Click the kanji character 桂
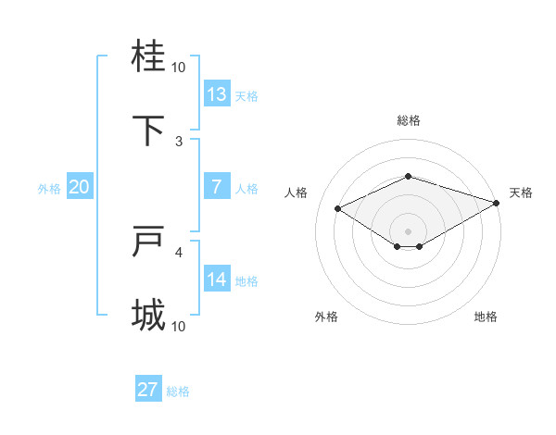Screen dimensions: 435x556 click(x=149, y=57)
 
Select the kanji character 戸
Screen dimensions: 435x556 click(x=149, y=242)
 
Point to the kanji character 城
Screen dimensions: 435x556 click(x=149, y=316)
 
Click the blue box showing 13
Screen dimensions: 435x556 click(x=217, y=94)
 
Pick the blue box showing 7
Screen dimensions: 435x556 click(x=217, y=187)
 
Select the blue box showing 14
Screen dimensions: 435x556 click(x=217, y=280)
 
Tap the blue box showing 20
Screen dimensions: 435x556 click(x=80, y=187)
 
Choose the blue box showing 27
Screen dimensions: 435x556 click(x=148, y=390)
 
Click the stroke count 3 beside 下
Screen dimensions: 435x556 click(x=179, y=141)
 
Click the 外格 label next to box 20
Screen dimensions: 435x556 click(x=49, y=189)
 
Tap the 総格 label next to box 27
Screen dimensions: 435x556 click(x=178, y=391)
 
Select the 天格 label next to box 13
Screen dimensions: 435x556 click(x=246, y=96)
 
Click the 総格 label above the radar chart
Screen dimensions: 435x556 click(x=408, y=120)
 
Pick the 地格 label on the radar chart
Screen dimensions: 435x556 click(x=486, y=317)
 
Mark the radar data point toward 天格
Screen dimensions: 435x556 click(x=497, y=202)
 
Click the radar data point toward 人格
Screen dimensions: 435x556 click(x=337, y=207)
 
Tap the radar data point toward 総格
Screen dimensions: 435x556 click(x=408, y=176)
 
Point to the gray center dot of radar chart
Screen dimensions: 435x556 click(x=408, y=230)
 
